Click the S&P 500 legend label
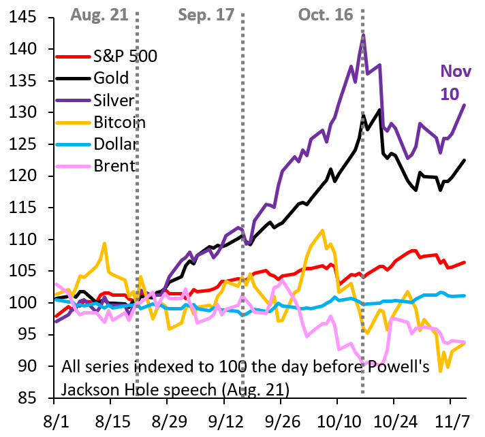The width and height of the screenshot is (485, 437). [x=125, y=56]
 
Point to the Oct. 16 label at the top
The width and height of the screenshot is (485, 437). [x=325, y=14]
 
